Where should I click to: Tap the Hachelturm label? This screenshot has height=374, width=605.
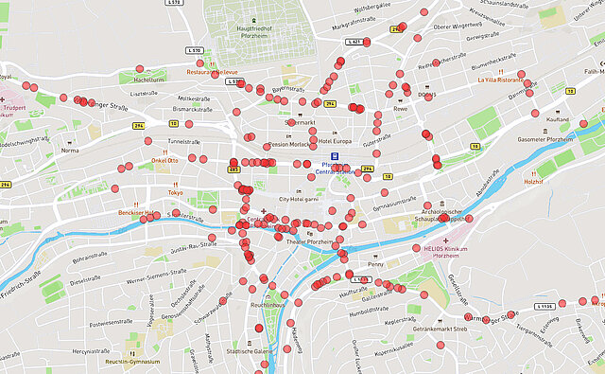[x=149, y=80]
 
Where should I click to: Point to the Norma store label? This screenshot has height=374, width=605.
[x=70, y=151]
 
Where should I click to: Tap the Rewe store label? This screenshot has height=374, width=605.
[x=401, y=109]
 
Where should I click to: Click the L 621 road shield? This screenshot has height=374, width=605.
[x=354, y=42]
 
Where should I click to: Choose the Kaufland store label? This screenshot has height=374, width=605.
[x=558, y=120]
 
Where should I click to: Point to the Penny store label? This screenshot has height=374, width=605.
[x=376, y=264]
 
